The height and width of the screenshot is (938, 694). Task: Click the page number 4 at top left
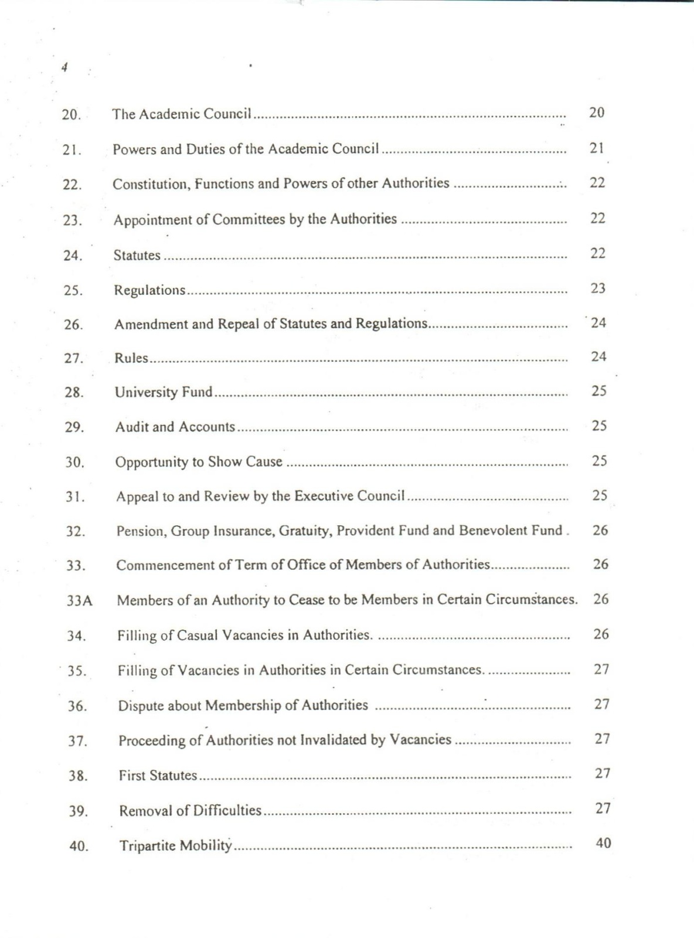click(64, 67)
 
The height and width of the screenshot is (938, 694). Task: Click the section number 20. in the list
click(71, 115)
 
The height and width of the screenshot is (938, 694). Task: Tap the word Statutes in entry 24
click(137, 256)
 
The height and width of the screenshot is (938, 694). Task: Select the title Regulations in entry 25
click(149, 290)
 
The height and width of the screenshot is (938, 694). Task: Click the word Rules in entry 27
click(131, 358)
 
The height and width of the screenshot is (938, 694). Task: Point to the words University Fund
click(164, 392)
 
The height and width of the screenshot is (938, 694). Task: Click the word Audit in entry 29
click(132, 427)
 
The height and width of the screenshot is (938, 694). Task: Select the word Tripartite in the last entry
click(147, 846)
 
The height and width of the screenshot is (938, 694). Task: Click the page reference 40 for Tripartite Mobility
click(603, 843)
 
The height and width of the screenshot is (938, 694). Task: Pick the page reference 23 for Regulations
click(597, 288)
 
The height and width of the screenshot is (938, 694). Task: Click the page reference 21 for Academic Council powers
click(597, 148)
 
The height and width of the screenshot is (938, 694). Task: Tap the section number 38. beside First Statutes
click(78, 777)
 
